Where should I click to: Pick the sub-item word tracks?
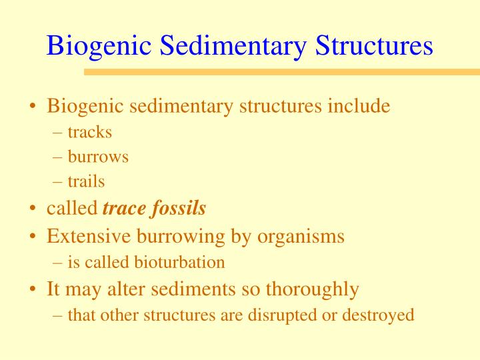click(90, 132)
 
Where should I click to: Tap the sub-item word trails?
click(87, 181)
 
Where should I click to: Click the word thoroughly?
click(313, 289)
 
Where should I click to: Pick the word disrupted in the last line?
click(289, 315)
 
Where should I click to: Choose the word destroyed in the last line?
click(379, 315)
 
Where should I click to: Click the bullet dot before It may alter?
click(33, 290)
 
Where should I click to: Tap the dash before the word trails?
click(58, 181)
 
